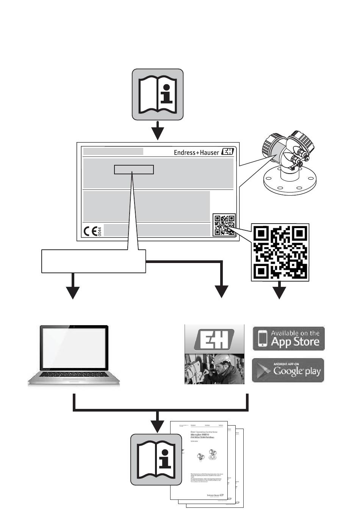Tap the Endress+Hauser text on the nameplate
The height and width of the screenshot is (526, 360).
click(196, 152)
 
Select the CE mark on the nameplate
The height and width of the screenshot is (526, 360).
click(90, 232)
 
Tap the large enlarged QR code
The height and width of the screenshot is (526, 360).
click(280, 252)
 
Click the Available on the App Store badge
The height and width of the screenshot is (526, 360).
click(288, 338)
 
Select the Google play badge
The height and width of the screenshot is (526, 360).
click(288, 370)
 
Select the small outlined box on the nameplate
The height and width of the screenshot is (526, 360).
click(134, 169)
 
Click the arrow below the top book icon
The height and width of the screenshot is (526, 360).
click(157, 131)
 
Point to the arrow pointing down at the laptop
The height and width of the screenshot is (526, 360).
click(72, 290)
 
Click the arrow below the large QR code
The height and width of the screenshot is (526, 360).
click(280, 291)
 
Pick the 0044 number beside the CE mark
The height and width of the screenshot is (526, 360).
click(100, 232)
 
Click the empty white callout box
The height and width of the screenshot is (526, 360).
click(93, 261)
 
